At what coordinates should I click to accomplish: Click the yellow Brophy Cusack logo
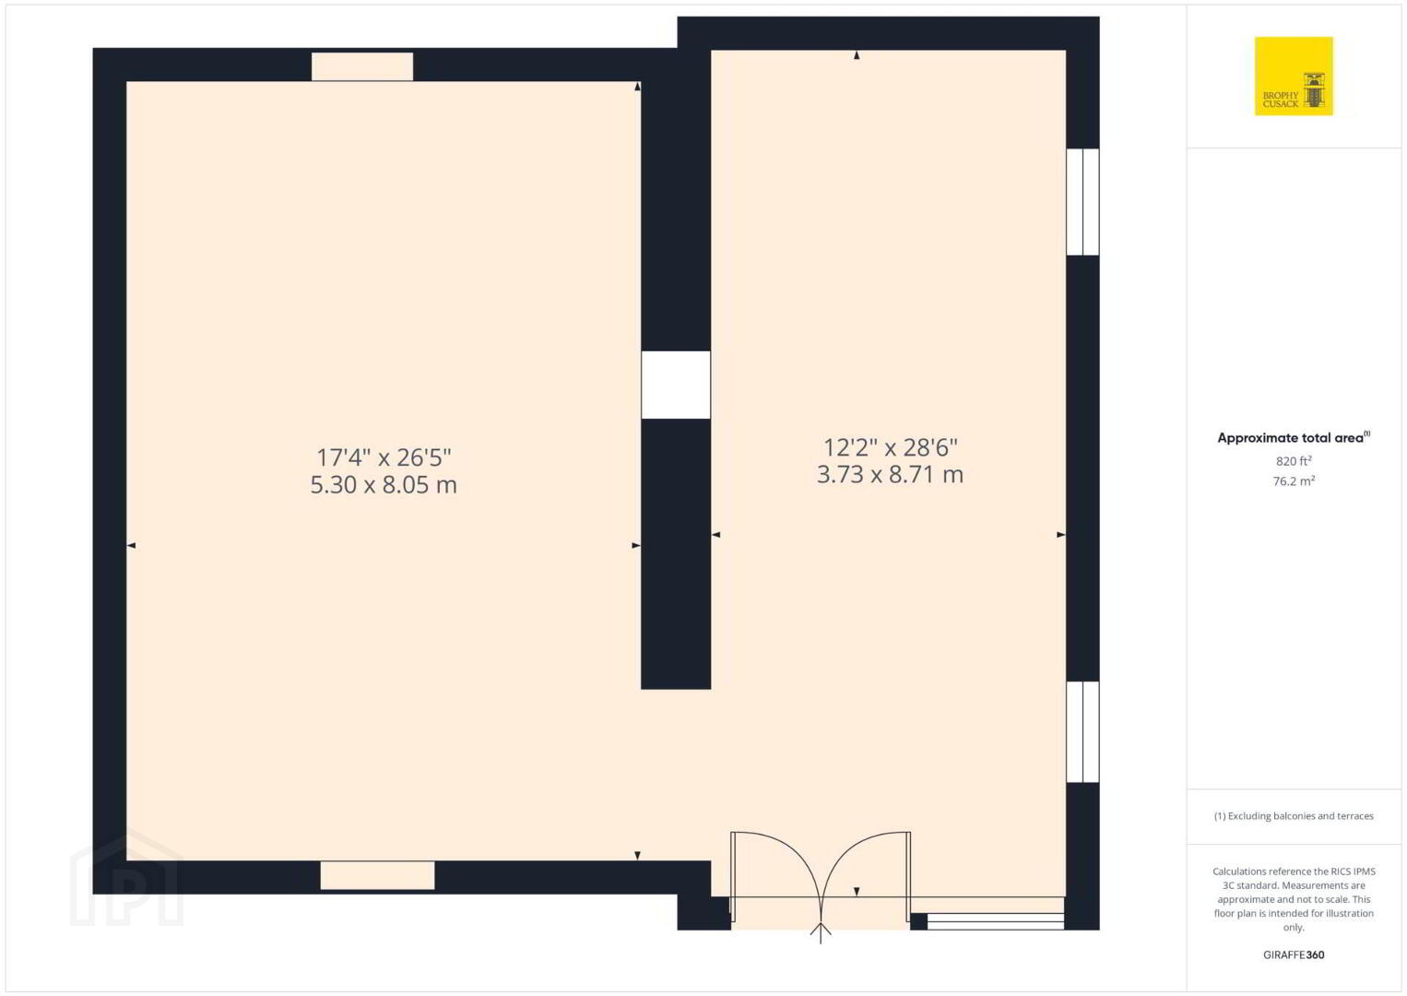tap(1294, 76)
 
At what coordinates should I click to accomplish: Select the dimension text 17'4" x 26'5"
tap(384, 457)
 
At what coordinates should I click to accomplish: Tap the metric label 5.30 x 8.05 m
tap(384, 485)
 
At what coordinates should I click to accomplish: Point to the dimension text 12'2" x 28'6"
tap(890, 447)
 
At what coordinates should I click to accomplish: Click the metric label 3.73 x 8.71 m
tap(890, 474)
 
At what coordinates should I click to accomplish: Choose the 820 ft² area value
tap(1294, 460)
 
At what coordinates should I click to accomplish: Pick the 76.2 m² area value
tap(1294, 480)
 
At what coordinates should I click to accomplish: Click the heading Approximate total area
tap(1294, 438)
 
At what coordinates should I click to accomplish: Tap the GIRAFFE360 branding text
tap(1294, 954)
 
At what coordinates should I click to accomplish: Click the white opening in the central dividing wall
tap(676, 385)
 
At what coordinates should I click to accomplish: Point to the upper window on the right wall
tap(1082, 202)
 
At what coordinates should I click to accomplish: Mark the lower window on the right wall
tap(1082, 731)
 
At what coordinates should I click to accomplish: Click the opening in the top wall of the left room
tap(362, 66)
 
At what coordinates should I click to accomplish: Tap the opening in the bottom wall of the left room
tap(377, 874)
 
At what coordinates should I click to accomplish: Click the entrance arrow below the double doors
tap(821, 932)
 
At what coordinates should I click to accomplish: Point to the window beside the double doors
tap(996, 921)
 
